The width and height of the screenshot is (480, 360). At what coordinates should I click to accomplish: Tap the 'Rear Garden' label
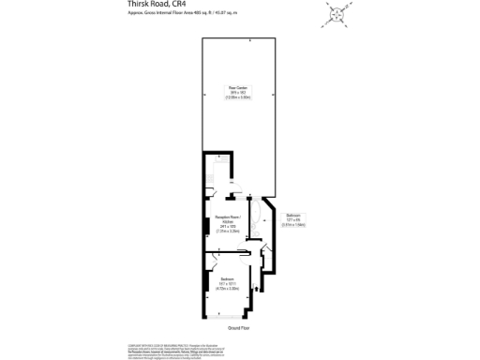[x=236, y=87]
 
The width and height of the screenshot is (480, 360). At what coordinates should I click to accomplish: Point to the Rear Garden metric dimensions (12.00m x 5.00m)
[x=236, y=97]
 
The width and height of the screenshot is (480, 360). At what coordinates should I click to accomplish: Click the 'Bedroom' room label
[x=228, y=280]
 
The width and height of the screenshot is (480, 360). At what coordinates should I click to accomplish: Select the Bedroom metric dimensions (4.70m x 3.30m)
[x=228, y=290]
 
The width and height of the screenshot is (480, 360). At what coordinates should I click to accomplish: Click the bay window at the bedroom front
[x=230, y=317]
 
